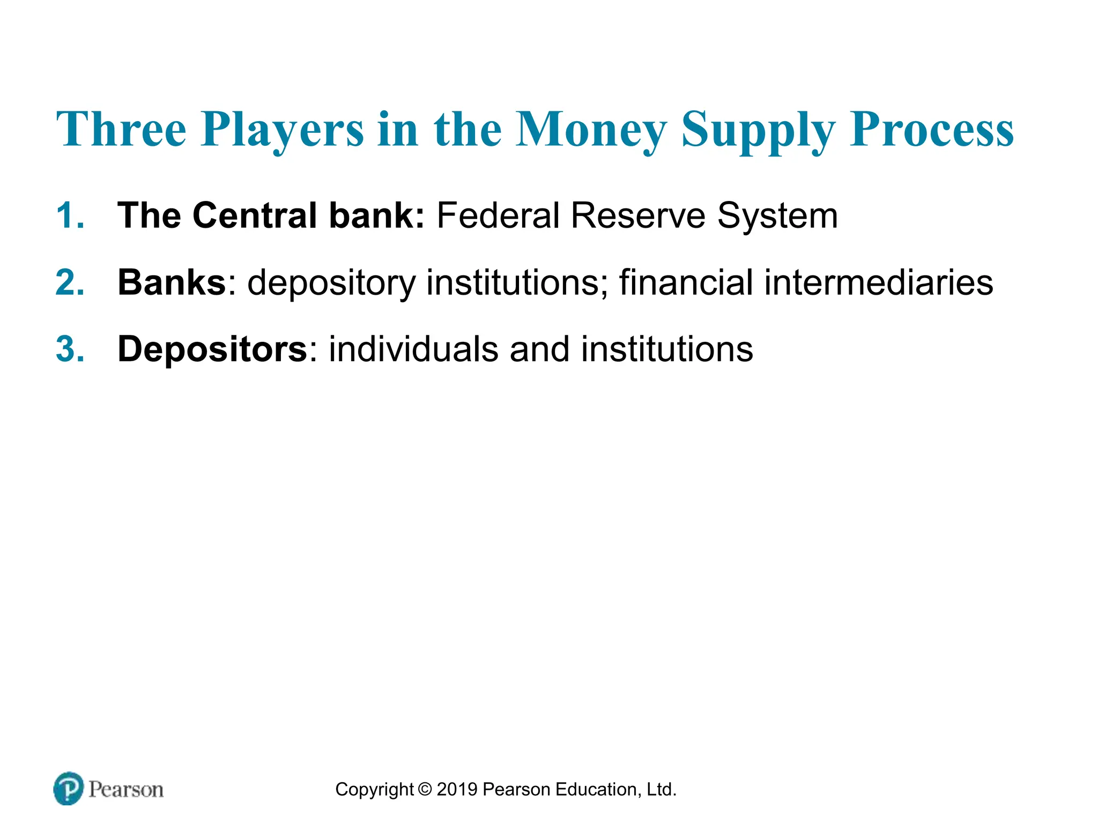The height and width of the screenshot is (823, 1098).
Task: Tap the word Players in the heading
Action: click(x=283, y=130)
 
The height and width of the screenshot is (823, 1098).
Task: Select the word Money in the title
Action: click(x=591, y=130)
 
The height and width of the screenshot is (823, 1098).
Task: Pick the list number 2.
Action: click(x=70, y=282)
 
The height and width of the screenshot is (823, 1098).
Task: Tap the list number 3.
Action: click(x=70, y=349)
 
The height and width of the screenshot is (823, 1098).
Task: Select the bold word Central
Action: click(x=255, y=215)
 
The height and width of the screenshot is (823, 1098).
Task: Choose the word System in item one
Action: click(x=777, y=216)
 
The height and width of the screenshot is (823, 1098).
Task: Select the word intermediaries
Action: click(x=878, y=282)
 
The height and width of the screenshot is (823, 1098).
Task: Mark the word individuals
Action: click(x=413, y=349)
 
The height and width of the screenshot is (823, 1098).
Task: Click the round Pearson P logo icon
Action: click(x=69, y=788)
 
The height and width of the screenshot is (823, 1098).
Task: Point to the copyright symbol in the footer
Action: click(x=425, y=789)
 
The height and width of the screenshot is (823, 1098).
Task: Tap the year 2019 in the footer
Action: click(x=457, y=789)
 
